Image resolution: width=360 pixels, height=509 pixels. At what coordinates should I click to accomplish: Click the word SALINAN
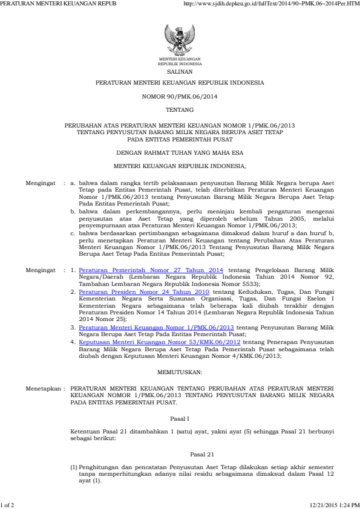[x=180, y=70]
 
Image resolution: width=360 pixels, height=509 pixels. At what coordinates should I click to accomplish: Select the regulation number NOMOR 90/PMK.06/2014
[x=180, y=97]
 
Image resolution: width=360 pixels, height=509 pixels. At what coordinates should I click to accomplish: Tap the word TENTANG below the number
[x=180, y=110]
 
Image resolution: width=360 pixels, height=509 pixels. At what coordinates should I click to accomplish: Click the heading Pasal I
[x=180, y=418]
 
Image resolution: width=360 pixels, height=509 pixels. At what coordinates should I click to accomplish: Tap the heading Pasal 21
[x=180, y=453]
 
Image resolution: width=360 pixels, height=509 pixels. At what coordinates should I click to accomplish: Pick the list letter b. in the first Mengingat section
[x=73, y=212]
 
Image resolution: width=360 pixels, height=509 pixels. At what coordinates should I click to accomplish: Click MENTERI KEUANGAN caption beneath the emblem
[x=180, y=59]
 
